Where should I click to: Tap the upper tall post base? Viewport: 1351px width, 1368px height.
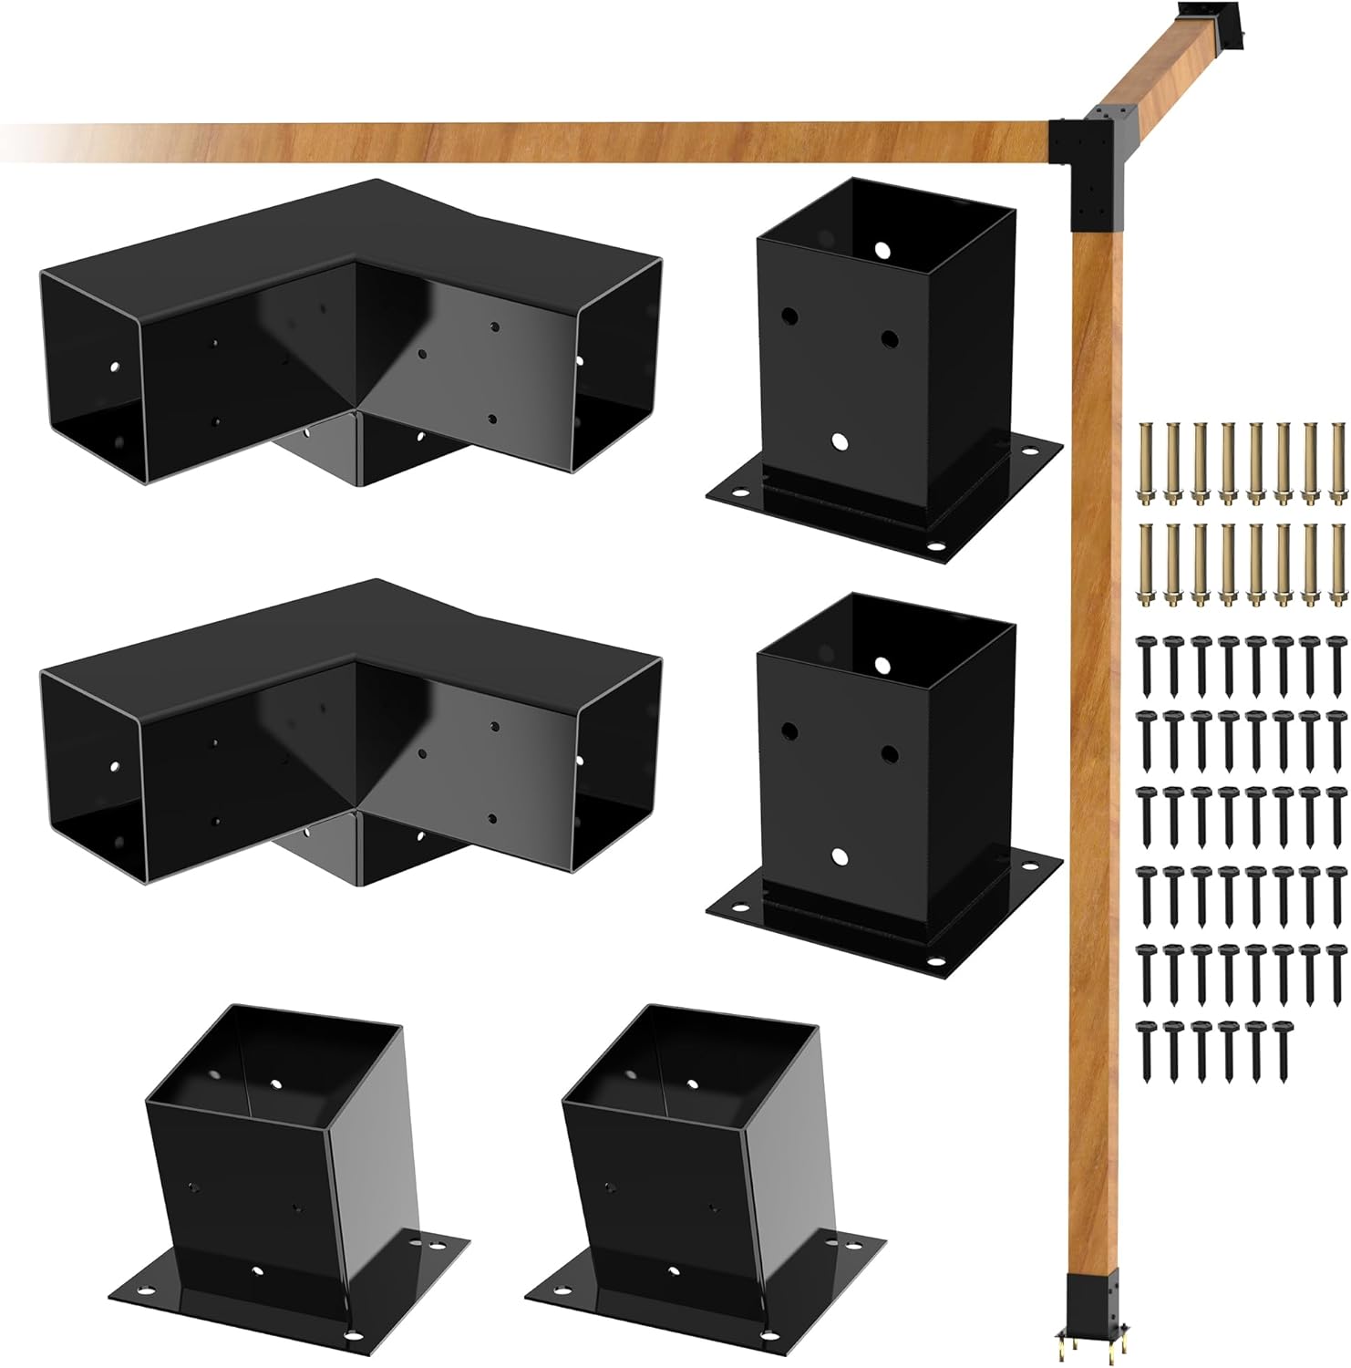click(884, 356)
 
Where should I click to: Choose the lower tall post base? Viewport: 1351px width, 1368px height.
click(884, 766)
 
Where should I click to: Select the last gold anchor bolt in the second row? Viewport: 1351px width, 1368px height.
click(1338, 565)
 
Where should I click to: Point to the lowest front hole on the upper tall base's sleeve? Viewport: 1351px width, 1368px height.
click(840, 442)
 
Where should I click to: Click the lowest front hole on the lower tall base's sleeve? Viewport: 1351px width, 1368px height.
click(840, 856)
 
